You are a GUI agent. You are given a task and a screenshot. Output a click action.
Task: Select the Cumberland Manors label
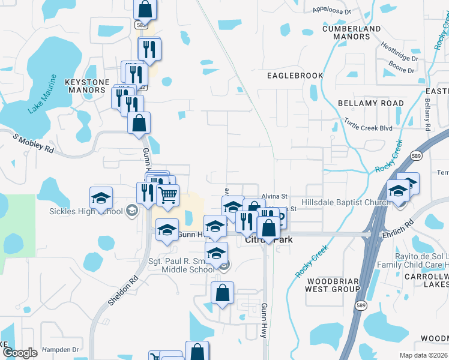point(351,32)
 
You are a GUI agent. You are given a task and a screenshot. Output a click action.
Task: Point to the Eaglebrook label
point(295,76)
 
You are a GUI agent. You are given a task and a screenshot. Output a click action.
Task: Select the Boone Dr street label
point(402,70)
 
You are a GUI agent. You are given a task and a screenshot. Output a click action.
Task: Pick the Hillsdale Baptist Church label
point(345,203)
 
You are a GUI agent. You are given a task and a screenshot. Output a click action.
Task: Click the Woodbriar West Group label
point(333,285)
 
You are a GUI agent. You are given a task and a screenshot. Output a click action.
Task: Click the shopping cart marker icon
point(167,194)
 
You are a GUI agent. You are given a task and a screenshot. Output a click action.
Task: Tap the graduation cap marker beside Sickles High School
point(101,197)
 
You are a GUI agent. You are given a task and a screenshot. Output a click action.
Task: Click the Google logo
point(20,353)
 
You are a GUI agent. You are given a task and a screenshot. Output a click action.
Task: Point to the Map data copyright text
point(424,355)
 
